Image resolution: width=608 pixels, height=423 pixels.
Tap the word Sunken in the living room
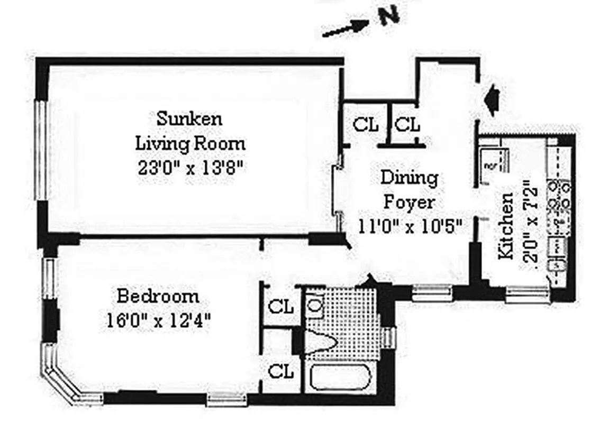[x=189, y=118]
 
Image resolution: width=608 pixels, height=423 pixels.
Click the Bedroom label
[x=158, y=296]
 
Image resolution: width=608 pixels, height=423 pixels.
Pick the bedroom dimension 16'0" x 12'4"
[x=158, y=320]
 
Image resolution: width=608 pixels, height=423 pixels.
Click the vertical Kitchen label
[x=506, y=226]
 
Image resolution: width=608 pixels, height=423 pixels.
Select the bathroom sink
[x=315, y=306]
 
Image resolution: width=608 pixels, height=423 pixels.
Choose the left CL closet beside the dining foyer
[x=366, y=125]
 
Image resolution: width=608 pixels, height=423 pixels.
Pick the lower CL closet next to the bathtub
[x=280, y=371]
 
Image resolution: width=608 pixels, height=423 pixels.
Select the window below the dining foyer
[x=432, y=292]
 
